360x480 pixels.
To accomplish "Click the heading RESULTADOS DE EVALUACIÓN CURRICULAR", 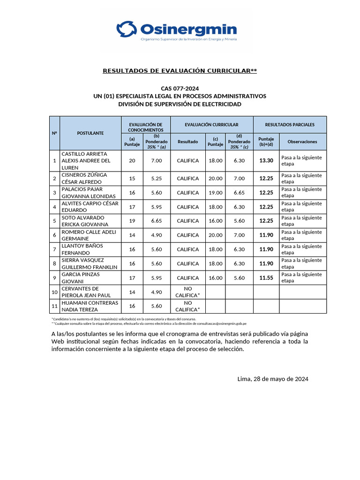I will pos(180,71).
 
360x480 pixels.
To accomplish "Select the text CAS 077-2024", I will pos(180,88).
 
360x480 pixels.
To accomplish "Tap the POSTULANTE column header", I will pos(90,133).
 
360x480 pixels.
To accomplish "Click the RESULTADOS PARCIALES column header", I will pos(290,125).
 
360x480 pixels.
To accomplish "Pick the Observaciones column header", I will pos(302,142).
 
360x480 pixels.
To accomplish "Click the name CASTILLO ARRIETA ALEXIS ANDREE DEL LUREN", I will pos(87,160).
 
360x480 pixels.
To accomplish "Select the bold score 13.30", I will pos(266,161).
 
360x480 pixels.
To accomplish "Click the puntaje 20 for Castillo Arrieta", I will pos(132,161).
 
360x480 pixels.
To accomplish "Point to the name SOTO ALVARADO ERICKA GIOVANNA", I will pos(85,221).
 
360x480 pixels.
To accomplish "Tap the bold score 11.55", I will pos(266,278).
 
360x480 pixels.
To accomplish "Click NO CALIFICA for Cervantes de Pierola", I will pos(187,292).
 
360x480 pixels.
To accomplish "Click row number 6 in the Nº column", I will pos(55,235).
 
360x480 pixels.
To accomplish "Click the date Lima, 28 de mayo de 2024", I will pos(273,379).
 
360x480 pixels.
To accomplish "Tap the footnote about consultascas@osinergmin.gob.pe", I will pos(149,323).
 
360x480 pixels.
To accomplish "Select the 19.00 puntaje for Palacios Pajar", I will pos(215,193).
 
